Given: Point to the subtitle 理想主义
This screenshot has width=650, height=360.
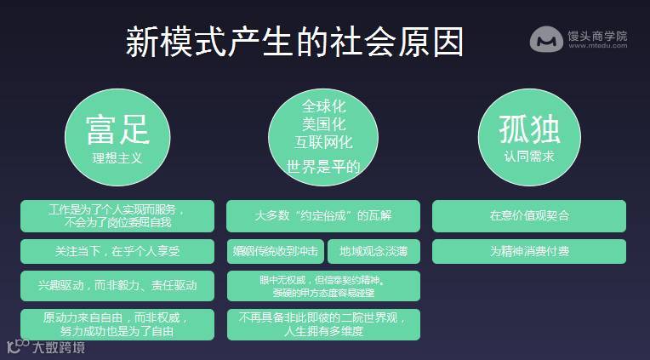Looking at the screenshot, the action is coord(117,157).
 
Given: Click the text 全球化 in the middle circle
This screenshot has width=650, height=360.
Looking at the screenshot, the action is coord(323,106).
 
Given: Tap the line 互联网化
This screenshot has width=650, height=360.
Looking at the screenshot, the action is coord(323,142).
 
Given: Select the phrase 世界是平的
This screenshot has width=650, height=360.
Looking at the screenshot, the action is coord(323,165).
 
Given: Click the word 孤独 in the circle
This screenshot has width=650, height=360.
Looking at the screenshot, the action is coord(529,129).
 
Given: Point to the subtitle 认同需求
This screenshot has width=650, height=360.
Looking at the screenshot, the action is coord(529,157).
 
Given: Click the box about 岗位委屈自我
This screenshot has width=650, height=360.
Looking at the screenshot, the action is coord(117,215).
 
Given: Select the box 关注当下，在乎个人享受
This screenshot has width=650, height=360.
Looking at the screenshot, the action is coord(117,252).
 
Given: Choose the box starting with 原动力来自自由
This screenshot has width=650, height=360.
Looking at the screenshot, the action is coord(117,323).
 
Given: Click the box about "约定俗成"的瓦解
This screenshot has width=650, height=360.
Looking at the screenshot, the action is coord(323,215).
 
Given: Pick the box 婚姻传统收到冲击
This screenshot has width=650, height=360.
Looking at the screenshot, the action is coord(275,252).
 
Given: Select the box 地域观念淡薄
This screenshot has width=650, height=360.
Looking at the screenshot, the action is coord(373,252).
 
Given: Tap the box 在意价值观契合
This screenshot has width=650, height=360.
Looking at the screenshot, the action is coord(529,215).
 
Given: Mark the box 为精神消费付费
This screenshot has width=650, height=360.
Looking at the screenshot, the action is coord(529,252).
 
